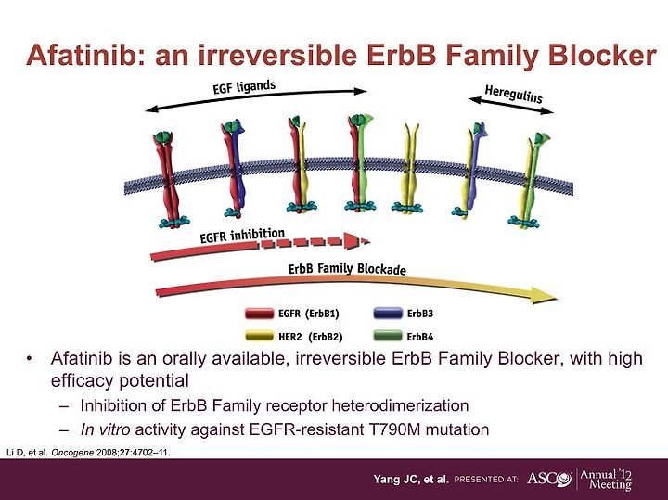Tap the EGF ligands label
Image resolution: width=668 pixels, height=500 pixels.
coord(244,87)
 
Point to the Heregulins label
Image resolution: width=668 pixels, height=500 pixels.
coord(513,95)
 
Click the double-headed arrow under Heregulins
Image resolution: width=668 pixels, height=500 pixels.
coord(511,106)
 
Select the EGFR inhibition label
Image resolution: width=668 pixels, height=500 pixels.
coord(242,235)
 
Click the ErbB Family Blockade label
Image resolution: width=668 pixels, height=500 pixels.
coord(347,269)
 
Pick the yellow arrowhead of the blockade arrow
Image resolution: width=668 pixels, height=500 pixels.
coord(543,295)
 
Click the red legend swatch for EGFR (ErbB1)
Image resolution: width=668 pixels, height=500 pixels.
coord(260,314)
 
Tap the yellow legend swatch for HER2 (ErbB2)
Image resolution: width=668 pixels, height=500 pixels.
coord(260,336)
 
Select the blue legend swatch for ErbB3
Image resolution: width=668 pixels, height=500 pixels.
coord(388,314)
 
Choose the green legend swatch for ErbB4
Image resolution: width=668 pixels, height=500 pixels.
coord(388,336)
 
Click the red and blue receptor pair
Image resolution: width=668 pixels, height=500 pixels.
coord(234,169)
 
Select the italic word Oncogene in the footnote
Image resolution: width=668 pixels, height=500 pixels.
coord(72,453)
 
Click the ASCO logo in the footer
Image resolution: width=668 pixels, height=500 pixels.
coord(549,479)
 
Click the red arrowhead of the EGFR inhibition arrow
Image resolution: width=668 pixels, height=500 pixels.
coord(357,241)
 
